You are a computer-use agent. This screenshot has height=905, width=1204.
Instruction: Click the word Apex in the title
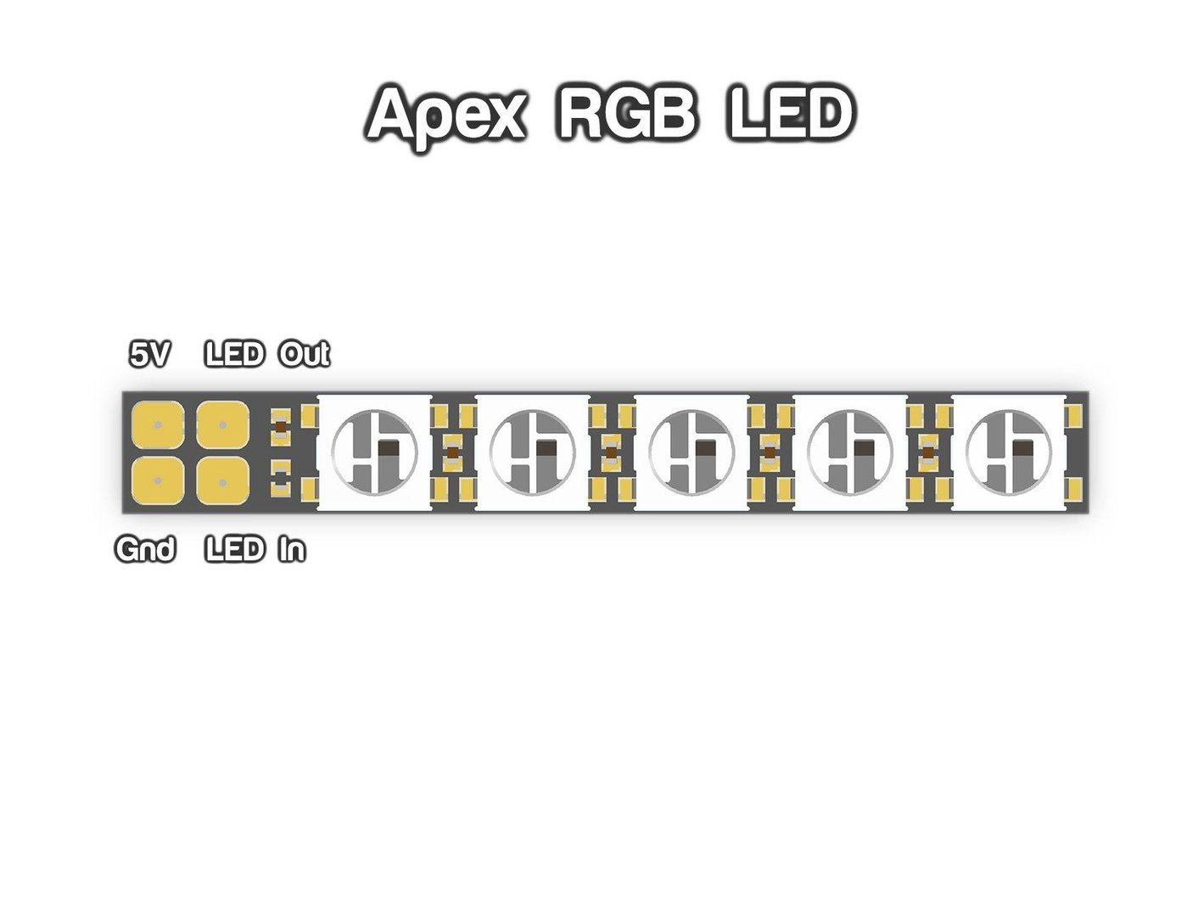click(x=446, y=114)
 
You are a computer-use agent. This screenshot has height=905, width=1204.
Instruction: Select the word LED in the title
click(x=789, y=114)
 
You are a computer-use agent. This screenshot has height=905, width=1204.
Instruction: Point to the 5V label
click(x=149, y=354)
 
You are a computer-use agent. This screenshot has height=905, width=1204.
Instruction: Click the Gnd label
click(x=145, y=550)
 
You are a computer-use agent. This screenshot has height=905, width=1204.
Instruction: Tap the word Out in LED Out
click(x=304, y=354)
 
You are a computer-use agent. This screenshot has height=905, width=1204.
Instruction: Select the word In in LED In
click(x=291, y=550)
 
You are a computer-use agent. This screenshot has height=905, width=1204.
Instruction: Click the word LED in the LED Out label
click(x=235, y=354)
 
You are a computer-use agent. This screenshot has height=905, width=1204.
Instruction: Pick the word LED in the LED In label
click(x=235, y=550)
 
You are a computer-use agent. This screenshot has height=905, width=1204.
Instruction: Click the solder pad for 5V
click(x=158, y=424)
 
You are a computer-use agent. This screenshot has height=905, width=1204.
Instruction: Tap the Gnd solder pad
click(x=158, y=481)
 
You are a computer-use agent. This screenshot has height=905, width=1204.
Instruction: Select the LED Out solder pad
click(x=222, y=424)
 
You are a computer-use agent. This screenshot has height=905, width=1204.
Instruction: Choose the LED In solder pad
click(x=222, y=481)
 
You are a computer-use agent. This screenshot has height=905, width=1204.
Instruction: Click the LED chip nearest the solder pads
click(x=374, y=452)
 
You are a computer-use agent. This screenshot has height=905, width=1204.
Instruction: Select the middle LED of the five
click(x=692, y=452)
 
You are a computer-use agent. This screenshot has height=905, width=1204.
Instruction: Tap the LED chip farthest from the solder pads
click(x=1009, y=452)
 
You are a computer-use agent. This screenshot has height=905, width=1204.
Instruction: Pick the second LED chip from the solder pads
click(x=533, y=452)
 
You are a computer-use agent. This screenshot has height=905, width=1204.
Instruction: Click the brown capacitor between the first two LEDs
click(x=453, y=452)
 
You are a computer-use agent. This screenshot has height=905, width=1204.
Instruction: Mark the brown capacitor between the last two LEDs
click(x=929, y=452)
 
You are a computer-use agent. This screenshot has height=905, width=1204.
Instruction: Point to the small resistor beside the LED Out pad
click(x=280, y=426)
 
